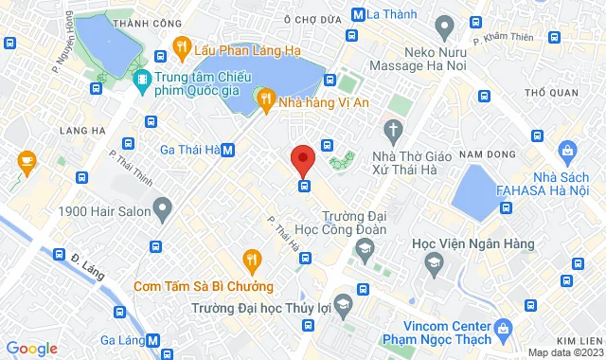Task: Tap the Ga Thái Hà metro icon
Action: point(229,150)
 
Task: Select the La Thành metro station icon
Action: point(358,15)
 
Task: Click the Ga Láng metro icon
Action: point(154,340)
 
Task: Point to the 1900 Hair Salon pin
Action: point(163,206)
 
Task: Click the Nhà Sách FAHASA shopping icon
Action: point(567,151)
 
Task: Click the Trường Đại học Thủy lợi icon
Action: point(344,304)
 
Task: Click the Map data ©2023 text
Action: point(565,352)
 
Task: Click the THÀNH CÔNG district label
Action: point(147,23)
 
